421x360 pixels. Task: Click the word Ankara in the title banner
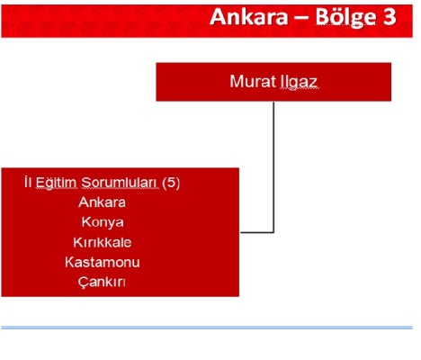pos(249,17)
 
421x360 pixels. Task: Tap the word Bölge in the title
pos(345,18)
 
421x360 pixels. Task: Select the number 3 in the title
pos(390,17)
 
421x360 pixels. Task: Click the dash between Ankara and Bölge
pos(301,19)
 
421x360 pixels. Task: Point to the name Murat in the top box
pos(253,81)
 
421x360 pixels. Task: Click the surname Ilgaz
pos(299,82)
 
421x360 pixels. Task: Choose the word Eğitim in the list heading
pos(56,183)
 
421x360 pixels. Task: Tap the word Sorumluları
pos(120,183)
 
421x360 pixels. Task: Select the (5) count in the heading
pos(171,183)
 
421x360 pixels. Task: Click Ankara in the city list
pos(102,202)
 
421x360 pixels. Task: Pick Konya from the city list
pos(103,222)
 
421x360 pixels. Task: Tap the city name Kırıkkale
pos(103,242)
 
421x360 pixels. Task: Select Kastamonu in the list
pos(103,262)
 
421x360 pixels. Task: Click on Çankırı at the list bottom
pos(102,283)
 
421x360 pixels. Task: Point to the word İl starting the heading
pos(28,182)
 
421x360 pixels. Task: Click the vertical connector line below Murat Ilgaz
pos(273,166)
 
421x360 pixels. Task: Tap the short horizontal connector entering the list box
pos(257,232)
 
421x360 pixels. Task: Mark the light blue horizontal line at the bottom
pos(207,328)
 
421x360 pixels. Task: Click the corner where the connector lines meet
pos(273,232)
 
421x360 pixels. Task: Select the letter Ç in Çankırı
pos(83,283)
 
